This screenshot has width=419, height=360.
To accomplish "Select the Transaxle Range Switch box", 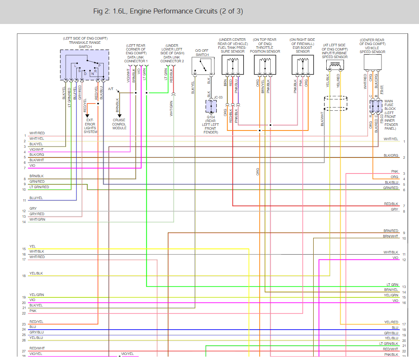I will pos(84,65).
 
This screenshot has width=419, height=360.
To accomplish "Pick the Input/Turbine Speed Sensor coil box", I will pos(334,65).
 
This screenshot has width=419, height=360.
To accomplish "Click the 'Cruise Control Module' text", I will pos(119,124).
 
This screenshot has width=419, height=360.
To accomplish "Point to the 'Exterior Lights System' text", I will pos(91,126).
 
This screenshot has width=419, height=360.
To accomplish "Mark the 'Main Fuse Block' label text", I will pos(389,105).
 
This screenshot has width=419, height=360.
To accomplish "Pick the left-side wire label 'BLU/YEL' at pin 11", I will pos(36,198).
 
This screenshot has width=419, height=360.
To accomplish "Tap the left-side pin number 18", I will pos(24,276).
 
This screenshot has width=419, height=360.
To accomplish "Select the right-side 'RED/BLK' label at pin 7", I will pos(391,204).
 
